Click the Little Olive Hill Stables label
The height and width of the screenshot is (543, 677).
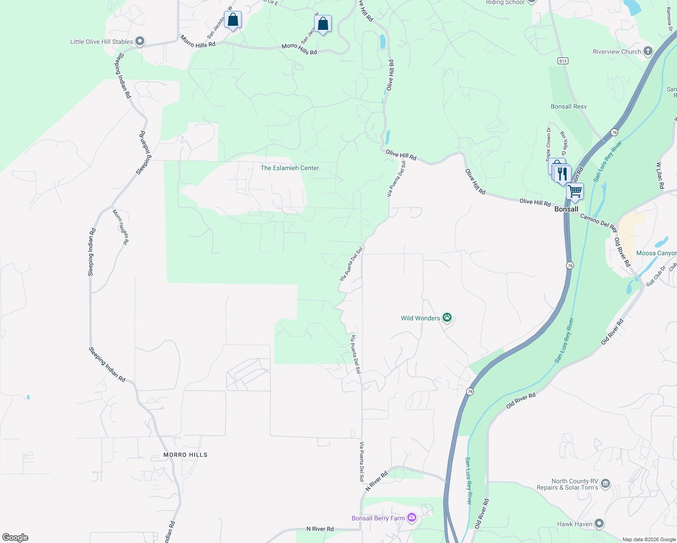tap(101, 42)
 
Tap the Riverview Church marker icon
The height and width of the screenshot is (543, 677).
tap(648, 51)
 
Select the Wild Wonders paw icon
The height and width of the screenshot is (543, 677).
tap(447, 318)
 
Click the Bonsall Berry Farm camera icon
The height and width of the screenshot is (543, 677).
tap(411, 518)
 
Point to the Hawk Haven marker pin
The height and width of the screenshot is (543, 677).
tap(599, 524)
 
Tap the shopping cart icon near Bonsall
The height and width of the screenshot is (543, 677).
tap(575, 191)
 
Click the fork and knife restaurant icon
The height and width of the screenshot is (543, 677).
tap(562, 174)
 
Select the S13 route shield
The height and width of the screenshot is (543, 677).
tap(563, 61)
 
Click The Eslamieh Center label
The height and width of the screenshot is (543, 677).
tap(290, 168)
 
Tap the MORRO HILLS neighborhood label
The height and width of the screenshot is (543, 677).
tap(186, 455)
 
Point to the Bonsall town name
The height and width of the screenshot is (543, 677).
tap(566, 209)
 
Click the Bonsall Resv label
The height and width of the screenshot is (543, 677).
tap(568, 106)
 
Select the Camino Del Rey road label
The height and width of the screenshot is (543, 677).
tap(599, 222)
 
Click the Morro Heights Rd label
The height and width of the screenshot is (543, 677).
tap(121, 227)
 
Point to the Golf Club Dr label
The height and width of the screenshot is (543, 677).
tap(656, 276)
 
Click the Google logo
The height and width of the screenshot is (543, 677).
tap(15, 538)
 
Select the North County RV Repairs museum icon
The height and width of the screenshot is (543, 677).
tap(605, 484)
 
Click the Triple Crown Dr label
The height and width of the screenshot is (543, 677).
tap(548, 144)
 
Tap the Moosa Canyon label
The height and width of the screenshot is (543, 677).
tap(656, 253)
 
